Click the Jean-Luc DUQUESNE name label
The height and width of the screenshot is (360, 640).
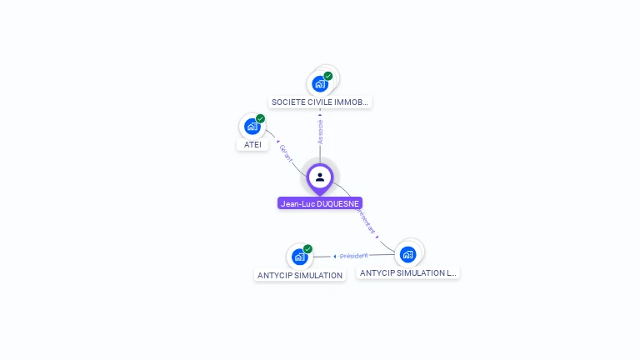click(x=320, y=203)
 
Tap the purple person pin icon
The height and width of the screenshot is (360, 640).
click(x=320, y=177)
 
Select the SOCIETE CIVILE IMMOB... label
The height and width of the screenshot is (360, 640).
click(x=320, y=102)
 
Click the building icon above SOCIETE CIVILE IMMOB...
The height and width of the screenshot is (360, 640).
click(x=320, y=83)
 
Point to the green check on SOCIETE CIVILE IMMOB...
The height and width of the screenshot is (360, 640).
click(x=328, y=76)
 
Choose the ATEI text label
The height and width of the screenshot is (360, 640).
click(x=252, y=144)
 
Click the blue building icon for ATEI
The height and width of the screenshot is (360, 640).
click(x=252, y=126)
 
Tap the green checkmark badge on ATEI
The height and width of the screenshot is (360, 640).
click(x=260, y=119)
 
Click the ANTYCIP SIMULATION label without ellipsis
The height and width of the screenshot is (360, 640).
click(x=300, y=275)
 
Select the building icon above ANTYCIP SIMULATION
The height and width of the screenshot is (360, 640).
click(x=299, y=257)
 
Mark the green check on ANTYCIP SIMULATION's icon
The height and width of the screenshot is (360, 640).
click(x=307, y=249)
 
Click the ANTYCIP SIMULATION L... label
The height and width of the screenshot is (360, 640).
click(x=407, y=272)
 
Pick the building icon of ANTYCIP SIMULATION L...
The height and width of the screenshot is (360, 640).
click(x=407, y=254)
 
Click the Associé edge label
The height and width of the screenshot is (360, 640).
click(x=320, y=131)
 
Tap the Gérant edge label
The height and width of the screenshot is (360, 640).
click(x=286, y=152)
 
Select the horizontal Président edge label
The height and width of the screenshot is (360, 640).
click(x=353, y=256)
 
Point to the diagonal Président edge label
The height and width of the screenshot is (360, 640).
click(x=366, y=220)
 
